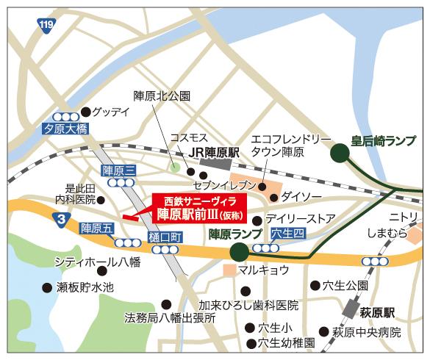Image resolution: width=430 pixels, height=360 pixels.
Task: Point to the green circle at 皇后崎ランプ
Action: (340, 153)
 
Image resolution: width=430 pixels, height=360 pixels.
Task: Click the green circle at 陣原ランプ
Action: (237, 253)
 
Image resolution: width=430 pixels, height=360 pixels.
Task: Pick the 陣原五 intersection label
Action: (98, 228)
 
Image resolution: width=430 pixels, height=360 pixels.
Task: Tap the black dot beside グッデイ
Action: (85, 112)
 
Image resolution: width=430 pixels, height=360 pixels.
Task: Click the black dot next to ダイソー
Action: (273, 197)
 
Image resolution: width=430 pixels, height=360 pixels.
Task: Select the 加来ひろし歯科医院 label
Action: (248, 304)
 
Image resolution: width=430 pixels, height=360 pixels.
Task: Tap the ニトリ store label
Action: (404, 217)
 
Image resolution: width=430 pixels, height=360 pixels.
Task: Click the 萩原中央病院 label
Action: (365, 331)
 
